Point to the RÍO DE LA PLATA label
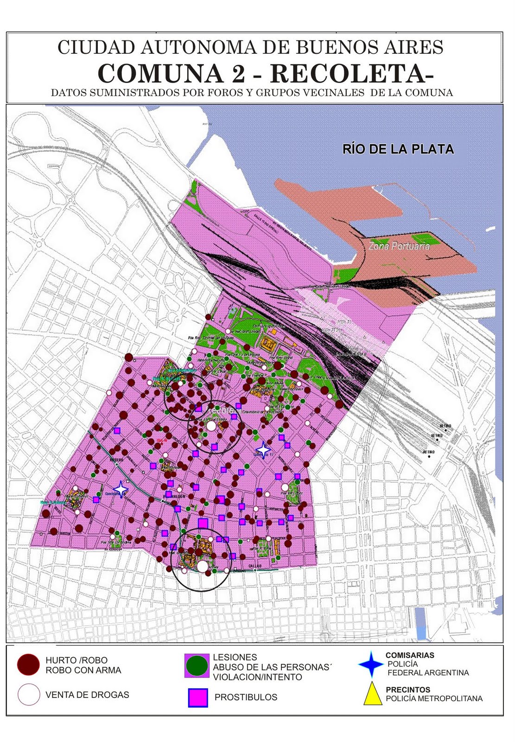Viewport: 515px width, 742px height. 398,149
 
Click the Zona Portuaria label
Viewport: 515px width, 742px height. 399,246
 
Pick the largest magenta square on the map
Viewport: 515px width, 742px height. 203,523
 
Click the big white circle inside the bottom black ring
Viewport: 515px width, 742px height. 202,566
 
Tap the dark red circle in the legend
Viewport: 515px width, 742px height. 28,665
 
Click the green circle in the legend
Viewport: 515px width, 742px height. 197,666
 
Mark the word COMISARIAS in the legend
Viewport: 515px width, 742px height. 410,655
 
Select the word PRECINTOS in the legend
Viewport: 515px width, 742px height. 408,690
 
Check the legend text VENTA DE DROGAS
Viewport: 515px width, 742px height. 87,695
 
